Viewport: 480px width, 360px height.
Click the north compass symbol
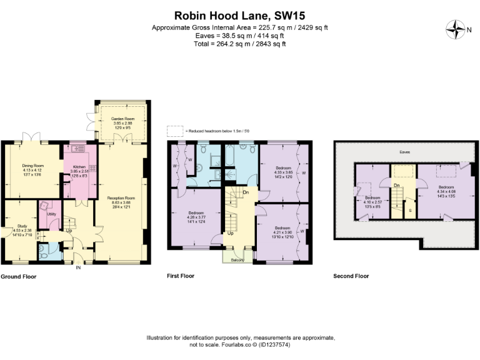click(x=456, y=28)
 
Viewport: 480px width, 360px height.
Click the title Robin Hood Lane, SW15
click(x=240, y=15)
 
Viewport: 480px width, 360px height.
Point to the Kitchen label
click(x=79, y=167)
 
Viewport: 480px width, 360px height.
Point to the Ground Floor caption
click(x=18, y=276)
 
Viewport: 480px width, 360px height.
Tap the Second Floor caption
click(x=351, y=276)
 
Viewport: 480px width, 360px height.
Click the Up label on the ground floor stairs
click(x=69, y=230)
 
